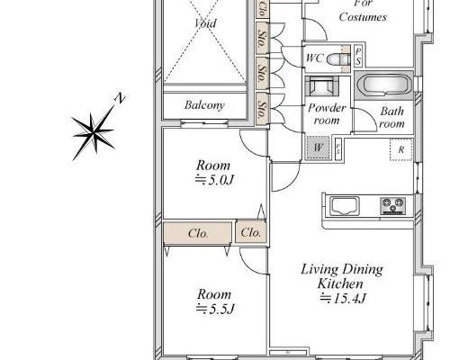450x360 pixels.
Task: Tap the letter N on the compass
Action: (120, 98)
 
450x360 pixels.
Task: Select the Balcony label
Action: (204, 105)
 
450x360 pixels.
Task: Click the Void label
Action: (205, 23)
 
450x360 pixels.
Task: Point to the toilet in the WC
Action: (338, 58)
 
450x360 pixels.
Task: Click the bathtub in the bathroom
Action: (384, 85)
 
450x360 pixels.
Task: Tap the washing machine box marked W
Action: (318, 148)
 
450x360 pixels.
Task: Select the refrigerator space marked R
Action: (401, 149)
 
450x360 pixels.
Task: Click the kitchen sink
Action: (345, 206)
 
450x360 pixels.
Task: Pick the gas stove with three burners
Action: (393, 206)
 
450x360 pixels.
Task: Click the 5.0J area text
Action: (214, 180)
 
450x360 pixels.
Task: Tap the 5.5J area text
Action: (215, 309)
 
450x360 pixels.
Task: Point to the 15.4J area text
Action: (343, 298)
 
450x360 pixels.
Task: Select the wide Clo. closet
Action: (198, 233)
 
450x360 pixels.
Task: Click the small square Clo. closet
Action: (250, 232)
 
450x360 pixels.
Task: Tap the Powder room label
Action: (327, 114)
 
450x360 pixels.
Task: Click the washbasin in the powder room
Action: (322, 85)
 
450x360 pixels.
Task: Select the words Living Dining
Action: (342, 270)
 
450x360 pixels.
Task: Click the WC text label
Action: (314, 58)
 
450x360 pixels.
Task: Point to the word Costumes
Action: (363, 17)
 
